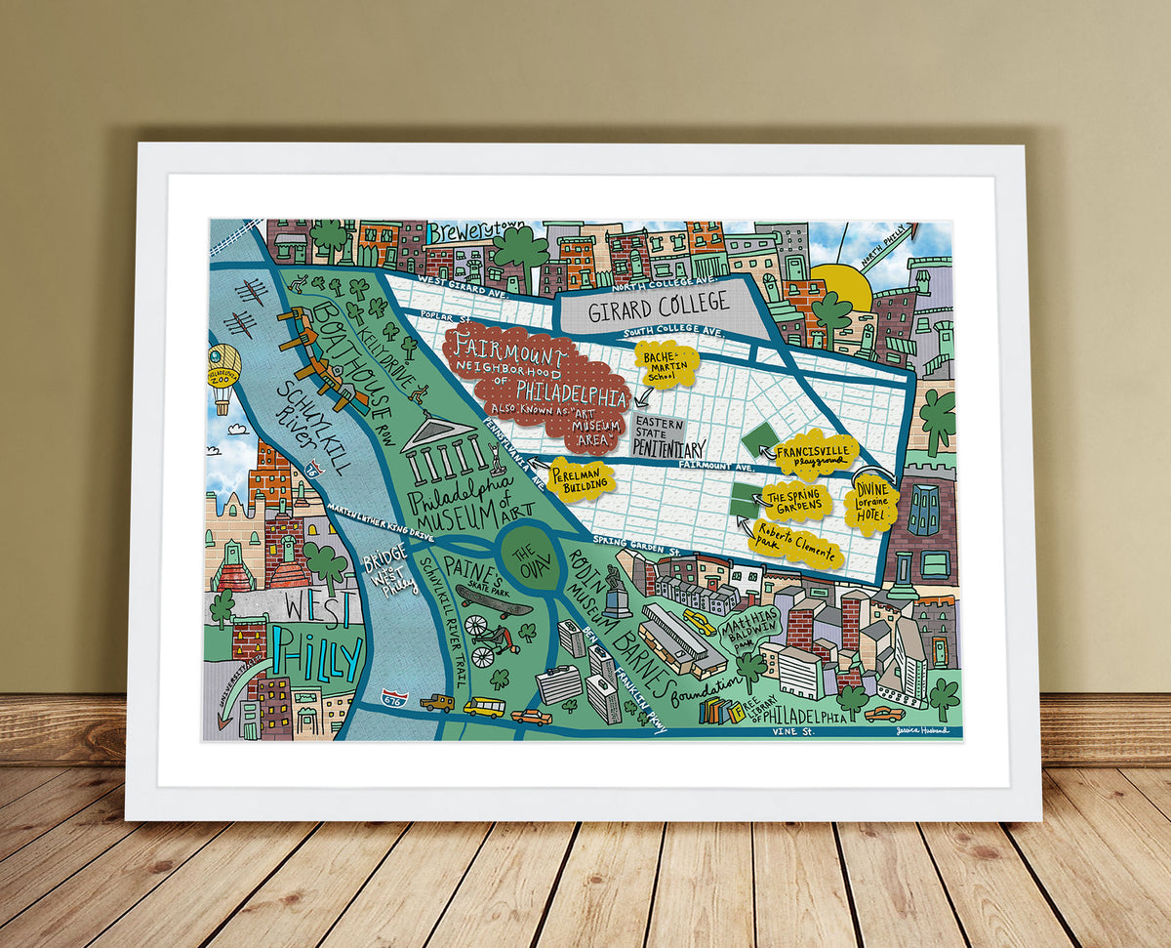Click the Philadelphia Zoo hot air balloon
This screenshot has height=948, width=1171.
[x=222, y=372]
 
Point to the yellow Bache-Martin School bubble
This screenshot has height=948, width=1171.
[x=666, y=363]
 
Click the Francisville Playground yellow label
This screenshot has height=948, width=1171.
[x=816, y=454]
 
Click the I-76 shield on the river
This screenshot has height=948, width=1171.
[x=314, y=469]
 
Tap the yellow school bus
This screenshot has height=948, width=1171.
[x=484, y=706]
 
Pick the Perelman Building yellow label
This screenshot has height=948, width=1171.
[x=581, y=478]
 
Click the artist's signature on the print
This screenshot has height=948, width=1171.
[x=927, y=728]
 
